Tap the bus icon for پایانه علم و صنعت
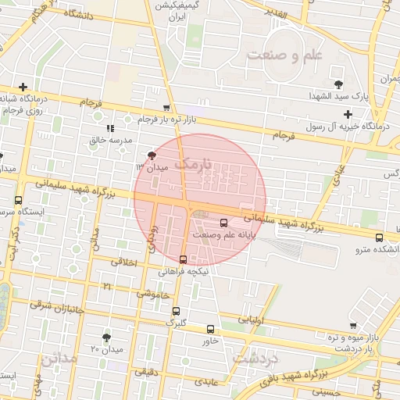pos(225,222)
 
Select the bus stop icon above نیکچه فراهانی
pos(184,259)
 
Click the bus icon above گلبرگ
pos(175,310)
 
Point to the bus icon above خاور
pos(209,329)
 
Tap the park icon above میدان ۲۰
pos(106,337)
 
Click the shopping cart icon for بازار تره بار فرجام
pos(166,109)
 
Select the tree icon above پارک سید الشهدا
pos(338,84)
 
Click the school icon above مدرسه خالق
pos(110,128)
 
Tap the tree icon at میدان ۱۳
pos(152,155)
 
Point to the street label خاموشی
pos(153,294)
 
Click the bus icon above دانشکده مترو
pos(379,237)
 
